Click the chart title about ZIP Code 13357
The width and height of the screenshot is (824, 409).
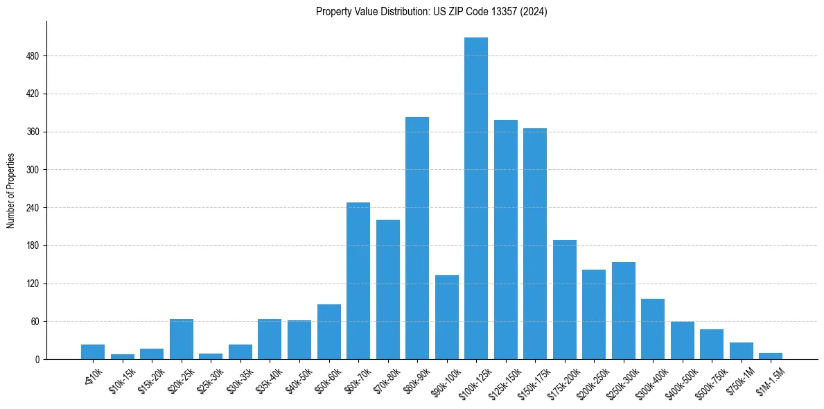tap(431, 12)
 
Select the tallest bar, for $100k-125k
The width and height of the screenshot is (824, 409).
tap(476, 198)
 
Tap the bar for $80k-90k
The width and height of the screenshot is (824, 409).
tap(417, 238)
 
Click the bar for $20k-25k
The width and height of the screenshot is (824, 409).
tap(182, 339)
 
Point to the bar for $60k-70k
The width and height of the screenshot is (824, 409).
tap(358, 281)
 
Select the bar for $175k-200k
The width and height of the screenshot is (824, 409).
tap(565, 299)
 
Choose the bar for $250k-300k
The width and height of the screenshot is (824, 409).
tap(624, 311)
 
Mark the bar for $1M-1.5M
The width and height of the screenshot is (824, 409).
tap(771, 356)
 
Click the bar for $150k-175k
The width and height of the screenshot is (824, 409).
tap(535, 243)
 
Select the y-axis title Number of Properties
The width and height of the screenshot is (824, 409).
tap(11, 191)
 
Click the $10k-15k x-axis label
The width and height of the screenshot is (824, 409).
tap(122, 378)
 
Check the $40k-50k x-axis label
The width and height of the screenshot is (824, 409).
tap(299, 378)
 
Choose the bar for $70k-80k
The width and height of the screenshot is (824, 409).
tap(388, 290)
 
